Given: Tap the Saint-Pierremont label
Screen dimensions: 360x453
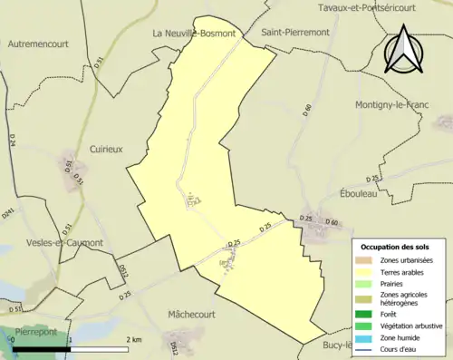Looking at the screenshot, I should tap(296, 32).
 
